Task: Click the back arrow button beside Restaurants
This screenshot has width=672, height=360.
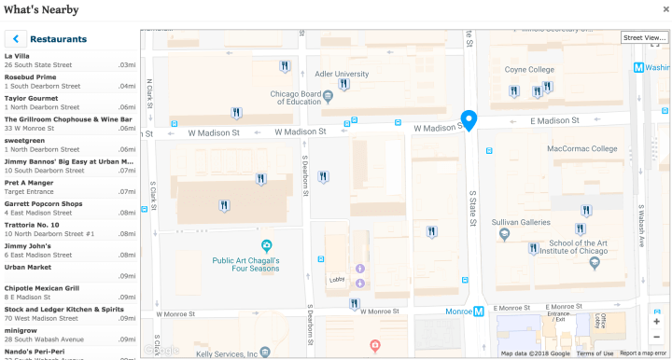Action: coord(15,39)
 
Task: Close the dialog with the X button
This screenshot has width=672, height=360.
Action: coord(665,9)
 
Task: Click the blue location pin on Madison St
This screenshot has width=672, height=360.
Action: coord(469,120)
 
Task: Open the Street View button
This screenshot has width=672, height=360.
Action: coord(644,37)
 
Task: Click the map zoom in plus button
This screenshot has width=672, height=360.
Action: coord(657,321)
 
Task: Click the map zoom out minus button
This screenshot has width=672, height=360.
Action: coord(657,338)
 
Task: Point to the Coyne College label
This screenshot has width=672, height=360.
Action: coord(529,69)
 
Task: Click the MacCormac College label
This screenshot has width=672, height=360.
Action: coord(581,148)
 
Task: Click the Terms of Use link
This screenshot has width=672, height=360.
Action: coord(595,353)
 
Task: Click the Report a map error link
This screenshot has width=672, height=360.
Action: coord(643,353)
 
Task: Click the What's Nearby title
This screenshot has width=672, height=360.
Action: coord(42,9)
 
